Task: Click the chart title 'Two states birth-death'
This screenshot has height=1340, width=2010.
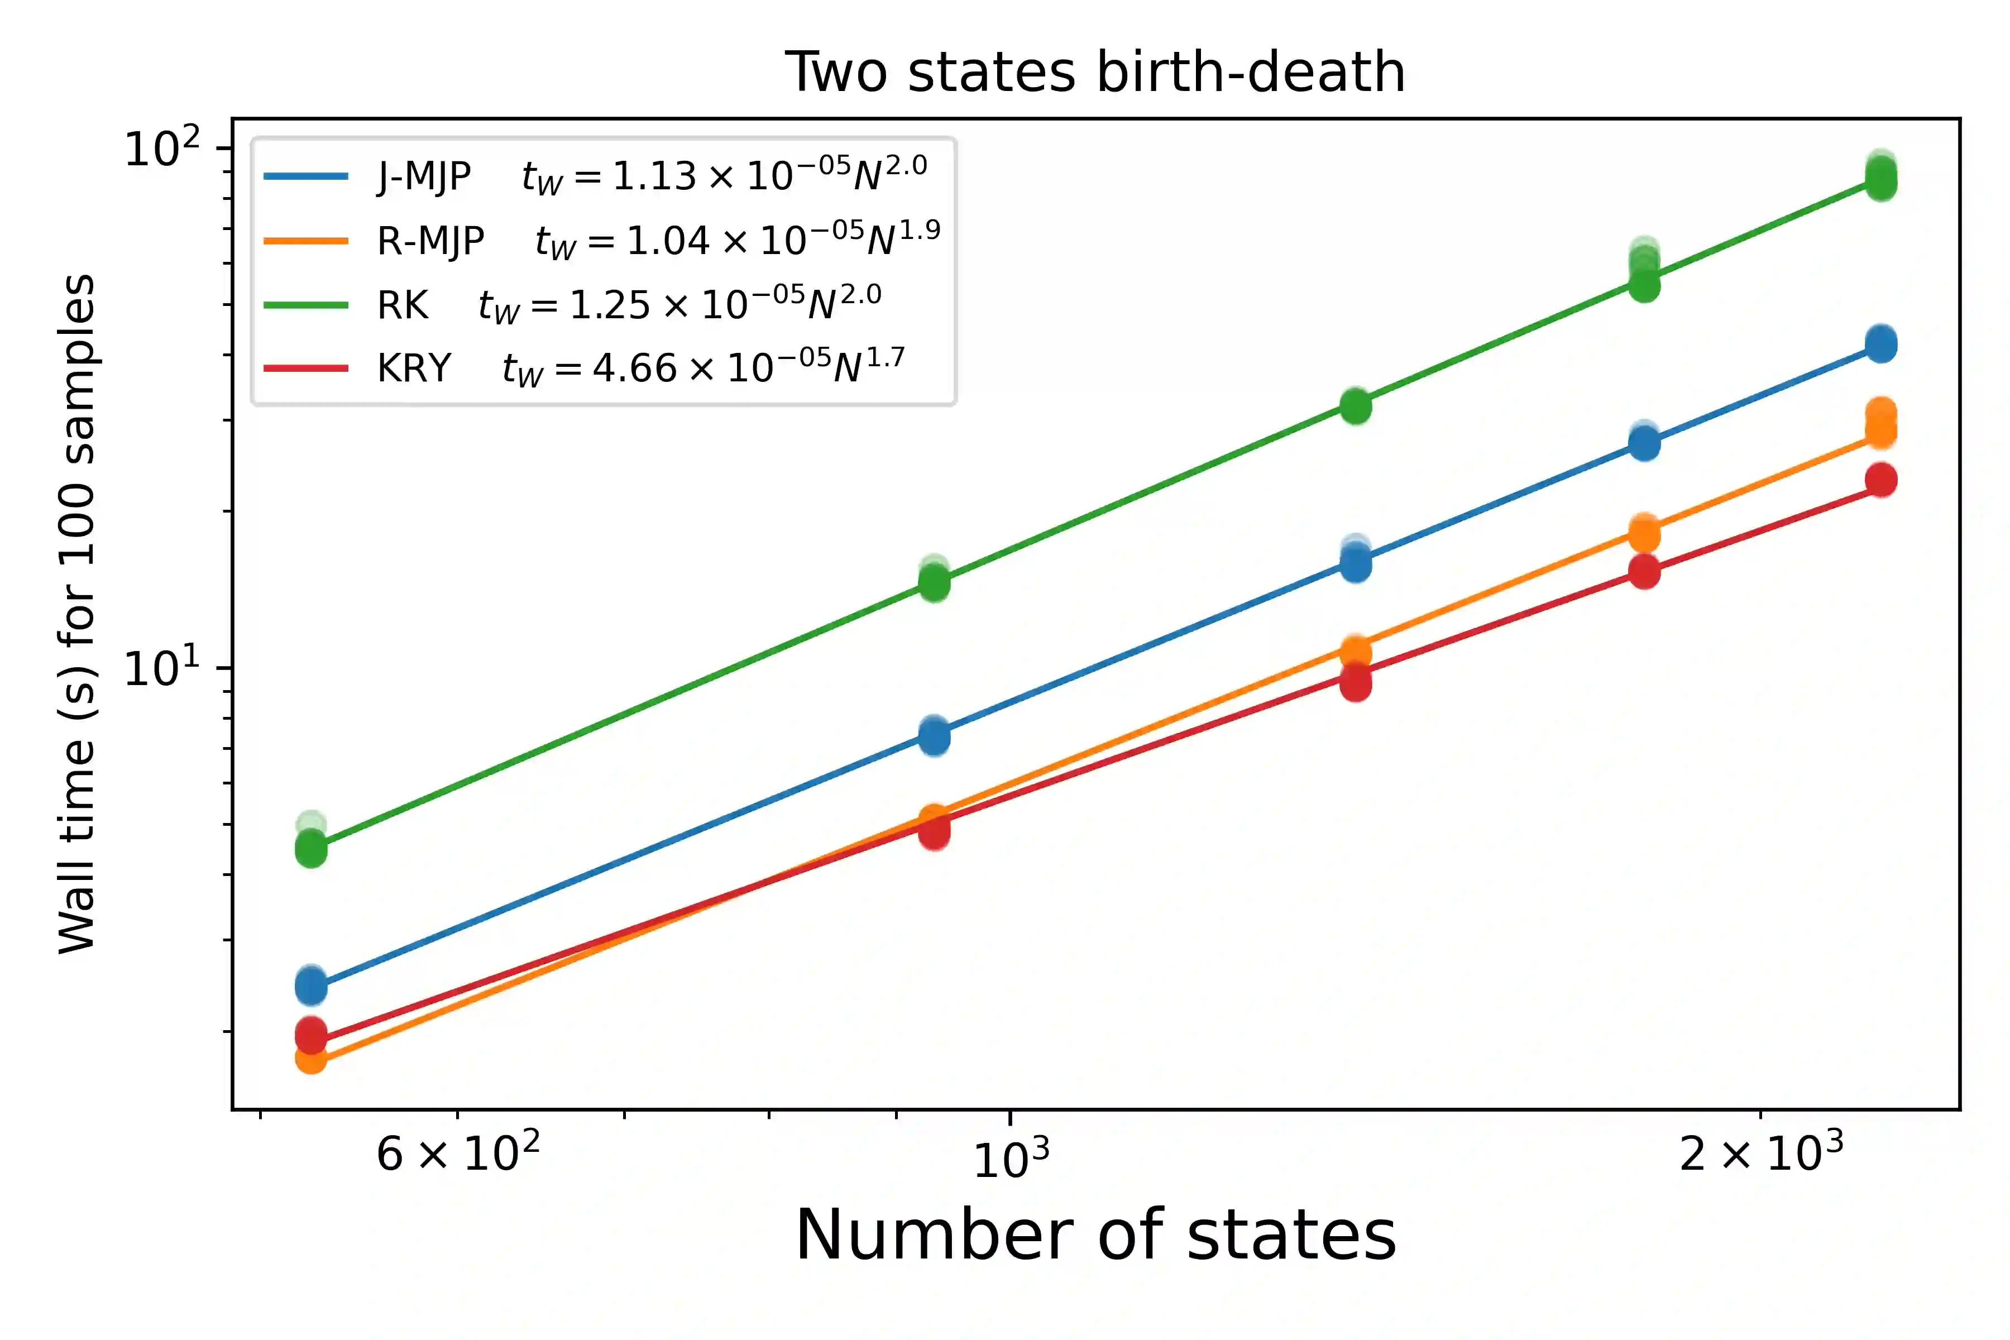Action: pos(1095,72)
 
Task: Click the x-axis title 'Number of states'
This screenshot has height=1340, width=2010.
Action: pos(1095,1235)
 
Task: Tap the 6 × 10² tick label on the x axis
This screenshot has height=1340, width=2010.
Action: pos(458,1153)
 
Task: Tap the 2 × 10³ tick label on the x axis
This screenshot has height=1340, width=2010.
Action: pos(1760,1153)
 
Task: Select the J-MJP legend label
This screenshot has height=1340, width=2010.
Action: pos(424,176)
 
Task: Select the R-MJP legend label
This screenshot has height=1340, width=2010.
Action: pos(430,241)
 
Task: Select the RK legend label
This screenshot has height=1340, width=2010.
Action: pos(403,305)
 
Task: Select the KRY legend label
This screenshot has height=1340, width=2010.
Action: pos(414,368)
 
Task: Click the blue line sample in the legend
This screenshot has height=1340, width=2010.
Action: pos(306,176)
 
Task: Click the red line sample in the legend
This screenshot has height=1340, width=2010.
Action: pos(306,368)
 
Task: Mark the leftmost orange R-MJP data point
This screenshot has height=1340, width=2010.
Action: pos(311,1059)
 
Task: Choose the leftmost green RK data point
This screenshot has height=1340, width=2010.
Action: pos(311,849)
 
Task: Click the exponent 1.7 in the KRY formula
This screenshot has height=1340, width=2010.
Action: pos(886,358)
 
